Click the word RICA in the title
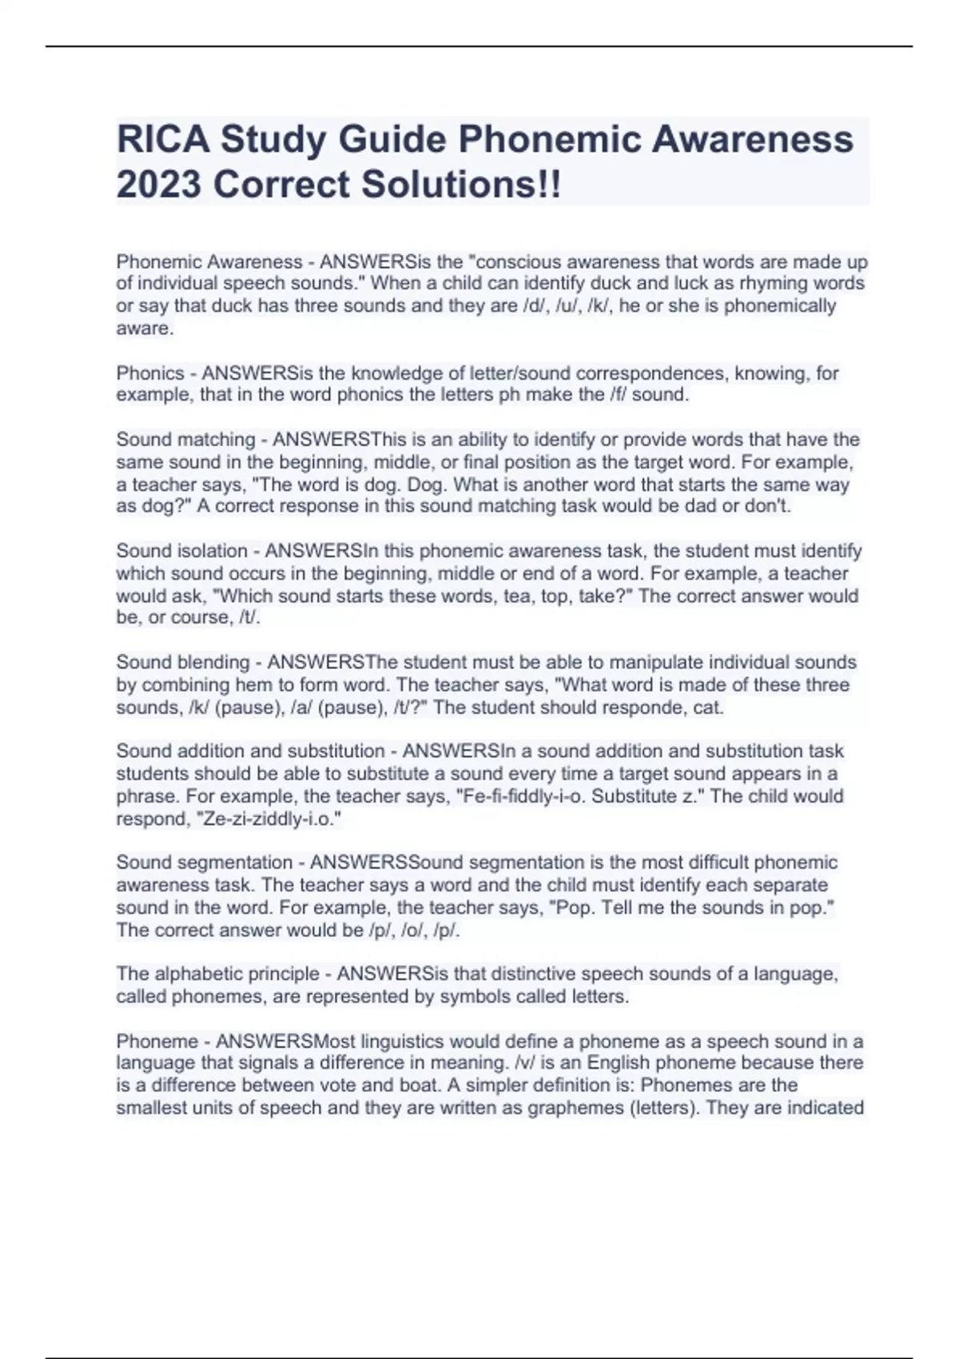(163, 140)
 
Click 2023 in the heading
(158, 185)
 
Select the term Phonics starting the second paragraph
(150, 373)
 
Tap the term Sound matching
(185, 440)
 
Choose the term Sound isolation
(181, 551)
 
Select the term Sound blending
(183, 663)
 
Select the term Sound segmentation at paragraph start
(204, 863)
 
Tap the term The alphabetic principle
(217, 974)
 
